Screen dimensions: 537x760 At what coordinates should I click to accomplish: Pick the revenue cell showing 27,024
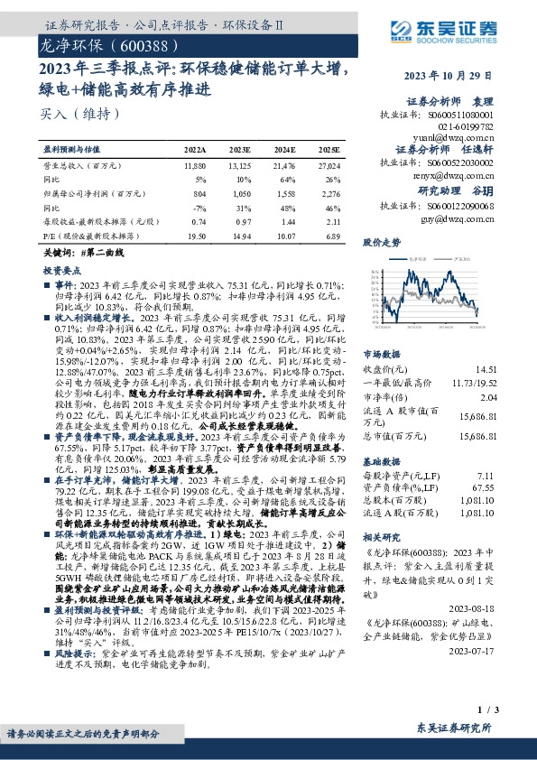coord(331,167)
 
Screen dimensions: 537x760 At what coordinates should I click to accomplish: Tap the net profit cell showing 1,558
coord(284,193)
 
